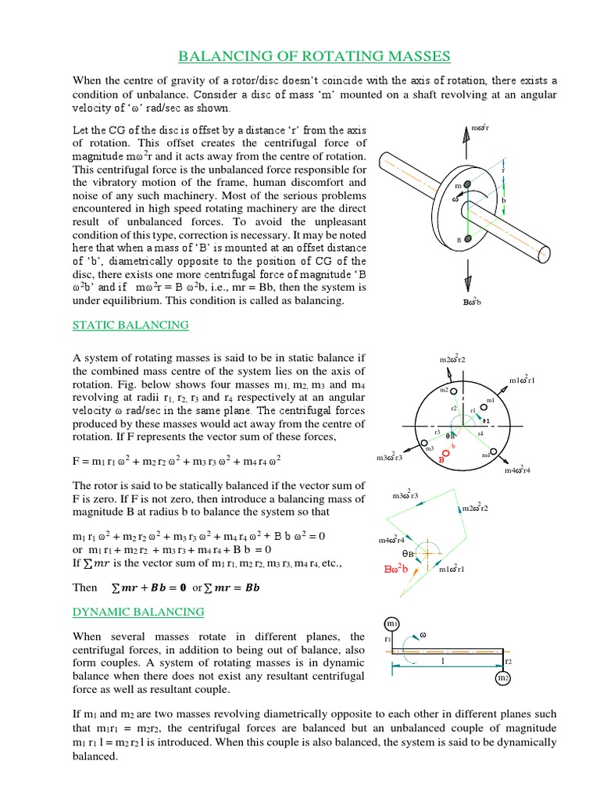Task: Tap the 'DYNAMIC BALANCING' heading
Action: pos(137,612)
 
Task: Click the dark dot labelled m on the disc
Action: pos(467,184)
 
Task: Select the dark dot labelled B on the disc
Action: pos(466,239)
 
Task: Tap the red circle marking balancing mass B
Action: pos(445,452)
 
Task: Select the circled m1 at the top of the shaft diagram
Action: pos(391,623)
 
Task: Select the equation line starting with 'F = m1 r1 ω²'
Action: pos(177,460)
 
